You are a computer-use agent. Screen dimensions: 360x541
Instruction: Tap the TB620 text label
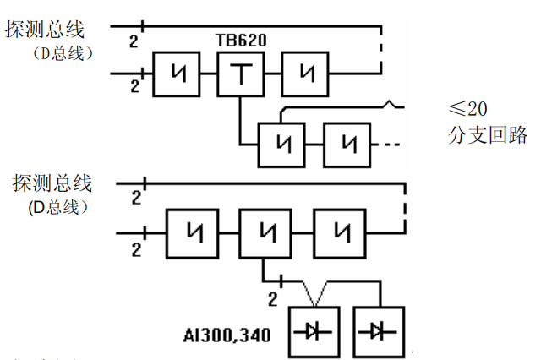pos(240,41)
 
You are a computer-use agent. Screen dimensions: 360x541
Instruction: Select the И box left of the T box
pos(176,74)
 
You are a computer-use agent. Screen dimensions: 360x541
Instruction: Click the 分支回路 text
pos(488,134)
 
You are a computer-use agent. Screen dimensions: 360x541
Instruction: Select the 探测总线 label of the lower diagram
pos(52,183)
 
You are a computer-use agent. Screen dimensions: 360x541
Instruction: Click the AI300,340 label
pos(227,335)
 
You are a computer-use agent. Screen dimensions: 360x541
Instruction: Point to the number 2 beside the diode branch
pos(272,298)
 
